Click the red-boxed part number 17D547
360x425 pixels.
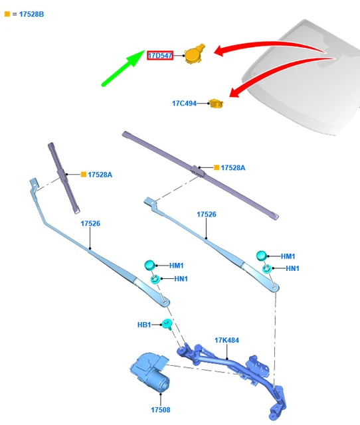pyautogui.click(x=160, y=56)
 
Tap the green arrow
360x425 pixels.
pyautogui.click(x=124, y=68)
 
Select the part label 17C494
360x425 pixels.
pyautogui.click(x=185, y=104)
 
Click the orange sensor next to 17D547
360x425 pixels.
pyautogui.click(x=194, y=54)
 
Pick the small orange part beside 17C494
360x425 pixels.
pyautogui.click(x=216, y=104)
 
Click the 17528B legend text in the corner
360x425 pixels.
pyautogui.click(x=31, y=14)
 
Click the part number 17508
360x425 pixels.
pyautogui.click(x=161, y=410)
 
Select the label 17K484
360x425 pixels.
pyautogui.click(x=226, y=340)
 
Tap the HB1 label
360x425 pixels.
pyautogui.click(x=144, y=325)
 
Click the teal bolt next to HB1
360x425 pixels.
pyautogui.click(x=167, y=324)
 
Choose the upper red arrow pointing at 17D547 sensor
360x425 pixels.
pyautogui.click(x=271, y=46)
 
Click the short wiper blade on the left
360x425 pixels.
pyautogui.click(x=64, y=178)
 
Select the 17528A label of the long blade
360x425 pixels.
pyautogui.click(x=233, y=168)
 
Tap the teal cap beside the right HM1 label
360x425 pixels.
pyautogui.click(x=261, y=256)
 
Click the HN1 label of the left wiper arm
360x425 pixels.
pyautogui.click(x=181, y=279)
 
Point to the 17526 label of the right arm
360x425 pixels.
pyautogui.click(x=207, y=214)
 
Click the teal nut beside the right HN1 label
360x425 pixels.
pyautogui.click(x=266, y=269)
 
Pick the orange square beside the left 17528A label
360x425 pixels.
pyautogui.click(x=84, y=174)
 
